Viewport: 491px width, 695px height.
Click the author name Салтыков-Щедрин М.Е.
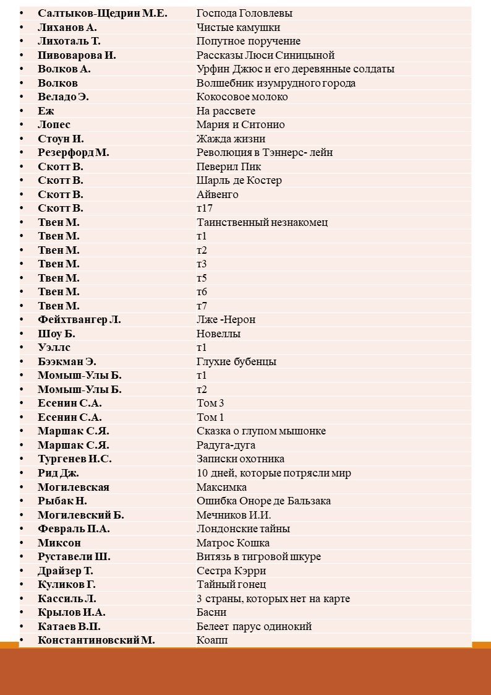point(102,13)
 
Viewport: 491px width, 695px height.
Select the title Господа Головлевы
point(244,13)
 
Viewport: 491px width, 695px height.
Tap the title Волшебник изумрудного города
point(276,83)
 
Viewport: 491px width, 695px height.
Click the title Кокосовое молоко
point(242,97)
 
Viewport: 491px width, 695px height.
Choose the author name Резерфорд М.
point(73,152)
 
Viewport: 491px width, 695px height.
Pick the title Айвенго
point(217,194)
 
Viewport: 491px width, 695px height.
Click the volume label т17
point(205,208)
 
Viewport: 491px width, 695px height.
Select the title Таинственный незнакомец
point(262,222)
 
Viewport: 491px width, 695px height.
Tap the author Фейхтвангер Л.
point(79,319)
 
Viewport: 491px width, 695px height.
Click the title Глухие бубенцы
point(236,361)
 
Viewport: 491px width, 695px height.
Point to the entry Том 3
point(210,404)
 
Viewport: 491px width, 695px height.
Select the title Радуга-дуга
point(226,445)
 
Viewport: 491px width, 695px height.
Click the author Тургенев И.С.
point(74,459)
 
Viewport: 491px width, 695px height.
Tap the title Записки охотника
point(241,459)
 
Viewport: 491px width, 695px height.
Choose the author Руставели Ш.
point(74,556)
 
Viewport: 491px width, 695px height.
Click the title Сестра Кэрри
point(231,571)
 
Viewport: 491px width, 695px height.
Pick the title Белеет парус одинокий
point(254,626)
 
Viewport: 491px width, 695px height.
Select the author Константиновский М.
point(96,640)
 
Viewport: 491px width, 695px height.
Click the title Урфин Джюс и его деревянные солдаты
point(296,69)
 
